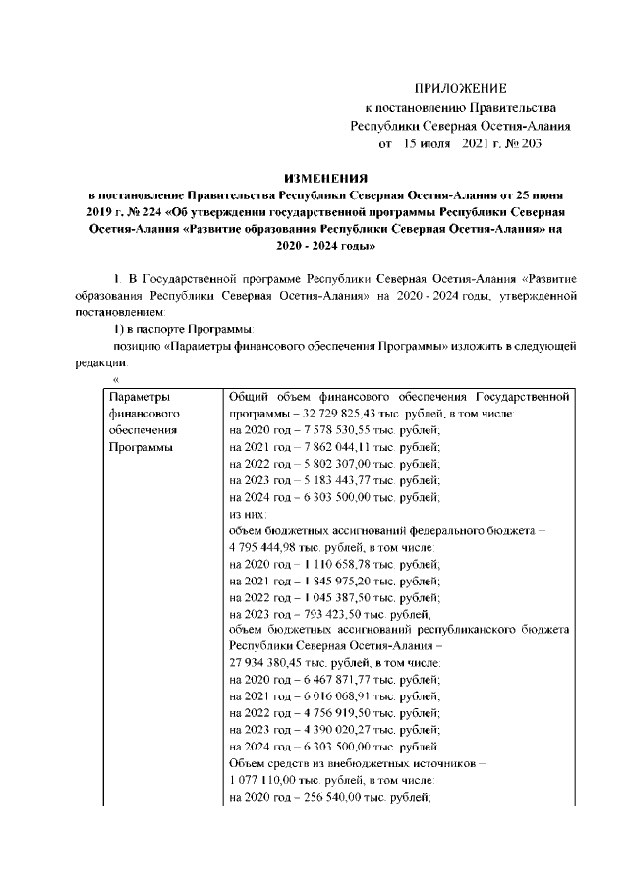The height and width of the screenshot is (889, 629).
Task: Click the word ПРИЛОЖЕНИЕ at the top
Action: point(460,88)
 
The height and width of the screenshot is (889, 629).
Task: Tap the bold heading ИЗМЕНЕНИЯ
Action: point(324,179)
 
